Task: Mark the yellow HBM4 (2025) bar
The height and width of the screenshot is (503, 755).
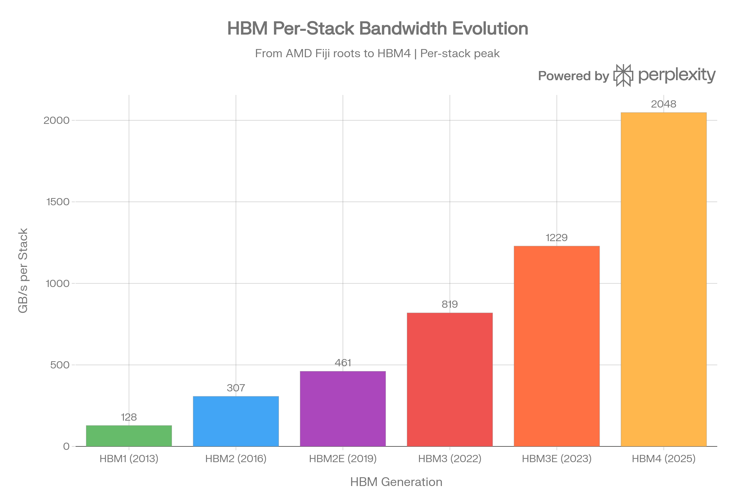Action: pos(663,279)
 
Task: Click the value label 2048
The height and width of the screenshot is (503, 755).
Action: pos(663,104)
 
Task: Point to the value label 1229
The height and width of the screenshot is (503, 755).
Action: pos(556,238)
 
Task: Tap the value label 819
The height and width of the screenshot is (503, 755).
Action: pos(450,304)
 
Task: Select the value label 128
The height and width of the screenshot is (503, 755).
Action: pos(129,417)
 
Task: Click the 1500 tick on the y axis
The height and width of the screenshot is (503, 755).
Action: pos(58,202)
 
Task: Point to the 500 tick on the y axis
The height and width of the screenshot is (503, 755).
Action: pos(60,365)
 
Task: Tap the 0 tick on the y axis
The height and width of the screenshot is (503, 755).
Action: pos(66,446)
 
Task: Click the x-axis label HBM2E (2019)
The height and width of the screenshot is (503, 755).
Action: pos(343,459)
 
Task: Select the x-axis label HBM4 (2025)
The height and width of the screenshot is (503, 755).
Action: pos(663,459)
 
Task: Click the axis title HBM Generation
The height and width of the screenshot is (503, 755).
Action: pos(396,482)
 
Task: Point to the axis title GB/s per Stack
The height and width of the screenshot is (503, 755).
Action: pos(23,270)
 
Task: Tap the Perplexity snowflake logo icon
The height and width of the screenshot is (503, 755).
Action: pos(623,75)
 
